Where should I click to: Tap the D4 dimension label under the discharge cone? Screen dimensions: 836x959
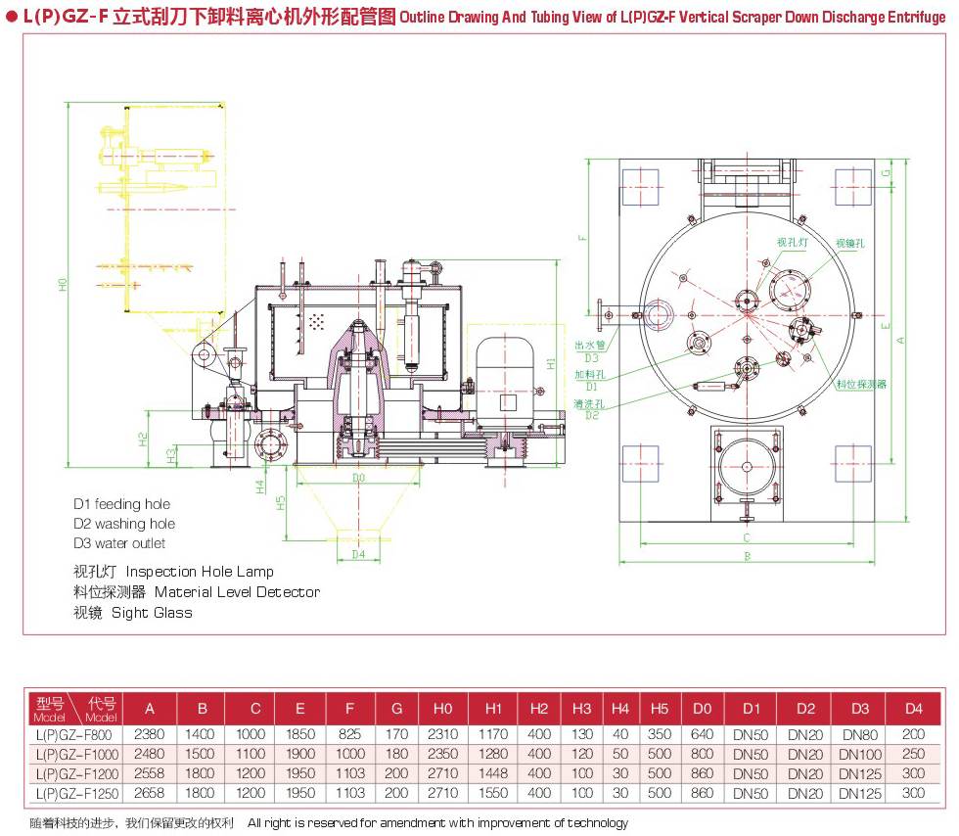(x=358, y=554)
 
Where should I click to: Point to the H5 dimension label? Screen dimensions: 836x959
(x=280, y=503)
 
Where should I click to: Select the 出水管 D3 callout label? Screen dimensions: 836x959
(x=589, y=351)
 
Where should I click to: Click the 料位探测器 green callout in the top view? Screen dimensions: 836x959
(x=861, y=385)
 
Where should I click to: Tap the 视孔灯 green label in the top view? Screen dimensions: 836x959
(x=792, y=242)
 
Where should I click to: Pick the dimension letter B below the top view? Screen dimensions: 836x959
(x=746, y=556)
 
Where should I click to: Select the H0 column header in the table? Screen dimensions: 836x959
(x=442, y=708)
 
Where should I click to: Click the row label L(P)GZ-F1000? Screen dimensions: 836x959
(x=74, y=754)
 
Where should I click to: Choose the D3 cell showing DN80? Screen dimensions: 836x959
(x=859, y=734)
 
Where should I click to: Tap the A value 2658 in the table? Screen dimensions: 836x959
(x=149, y=792)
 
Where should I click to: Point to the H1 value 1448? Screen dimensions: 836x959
(x=492, y=773)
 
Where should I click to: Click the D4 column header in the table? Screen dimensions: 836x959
(x=913, y=708)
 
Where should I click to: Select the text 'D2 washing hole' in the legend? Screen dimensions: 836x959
(x=124, y=524)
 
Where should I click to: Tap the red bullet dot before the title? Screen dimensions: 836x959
(x=11, y=17)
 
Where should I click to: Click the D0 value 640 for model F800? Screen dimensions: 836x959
(x=701, y=734)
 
